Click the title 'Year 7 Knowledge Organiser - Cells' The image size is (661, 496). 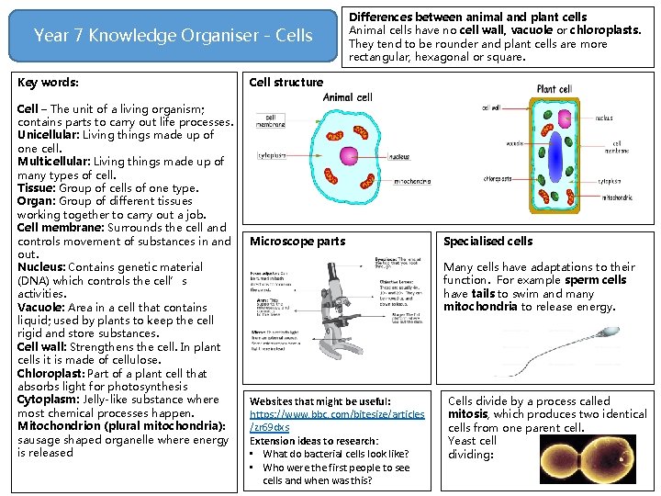[x=173, y=36]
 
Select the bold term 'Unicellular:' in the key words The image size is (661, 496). [x=50, y=135]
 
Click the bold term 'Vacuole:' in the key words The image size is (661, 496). [x=42, y=307]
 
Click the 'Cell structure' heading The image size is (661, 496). [x=286, y=83]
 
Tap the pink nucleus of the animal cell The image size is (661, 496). [x=348, y=154]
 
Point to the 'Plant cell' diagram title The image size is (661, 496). [x=558, y=90]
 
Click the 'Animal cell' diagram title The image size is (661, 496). [x=348, y=96]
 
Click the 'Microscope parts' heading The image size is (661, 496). [x=297, y=242]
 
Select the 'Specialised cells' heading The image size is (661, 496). [x=487, y=242]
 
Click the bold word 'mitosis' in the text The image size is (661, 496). [x=467, y=414]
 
